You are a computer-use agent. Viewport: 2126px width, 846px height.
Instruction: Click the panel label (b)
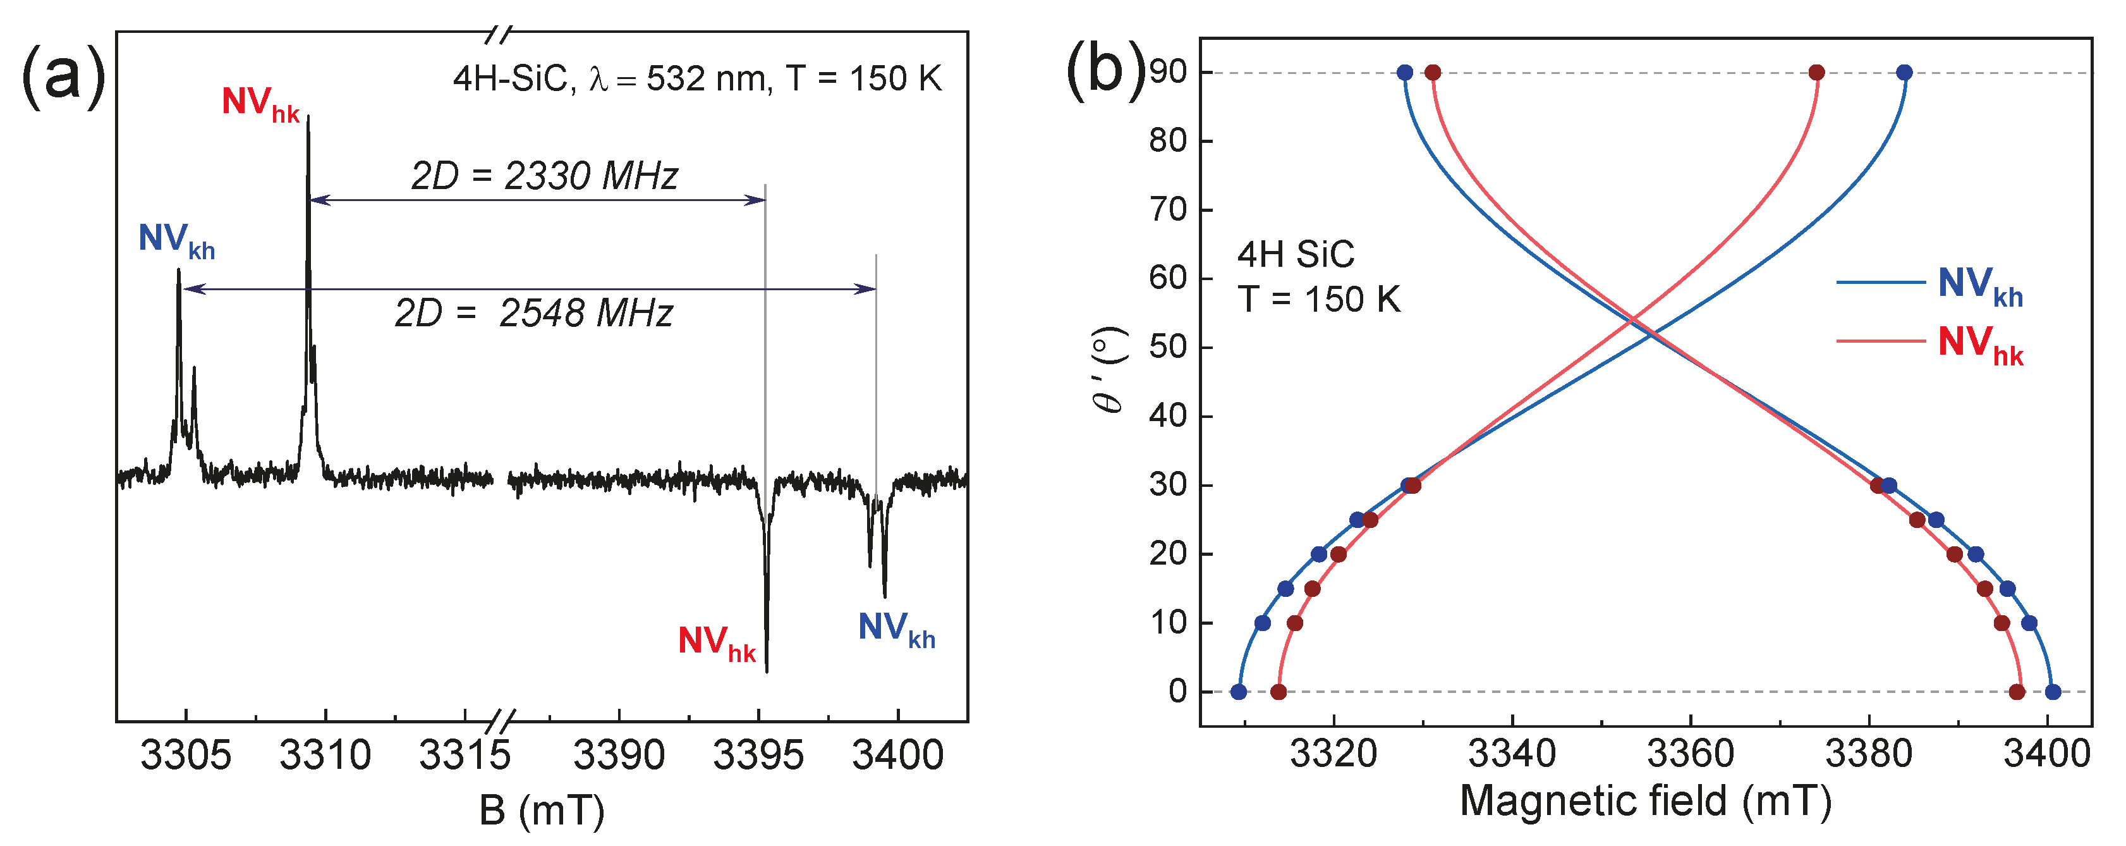pos(1106,70)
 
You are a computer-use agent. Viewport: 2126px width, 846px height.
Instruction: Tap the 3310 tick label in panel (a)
pos(325,755)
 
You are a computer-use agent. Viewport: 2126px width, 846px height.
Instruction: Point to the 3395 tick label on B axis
pos(758,755)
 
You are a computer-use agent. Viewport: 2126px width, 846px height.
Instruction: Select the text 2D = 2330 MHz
pos(545,176)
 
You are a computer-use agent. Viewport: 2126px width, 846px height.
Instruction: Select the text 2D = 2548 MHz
pos(534,314)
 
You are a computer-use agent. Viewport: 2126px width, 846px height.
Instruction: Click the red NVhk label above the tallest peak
pos(260,104)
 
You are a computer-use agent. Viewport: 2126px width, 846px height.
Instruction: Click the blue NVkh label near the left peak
pos(176,240)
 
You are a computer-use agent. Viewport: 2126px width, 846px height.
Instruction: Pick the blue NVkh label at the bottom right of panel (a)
pos(896,629)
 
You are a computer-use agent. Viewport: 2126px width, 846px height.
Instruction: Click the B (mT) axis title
pos(542,811)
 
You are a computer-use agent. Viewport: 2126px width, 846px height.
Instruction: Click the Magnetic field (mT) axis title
pos(1645,800)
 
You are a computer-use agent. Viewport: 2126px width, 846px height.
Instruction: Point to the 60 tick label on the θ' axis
pos(1169,278)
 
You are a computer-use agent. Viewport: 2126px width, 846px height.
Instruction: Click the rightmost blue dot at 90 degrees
pos(1904,73)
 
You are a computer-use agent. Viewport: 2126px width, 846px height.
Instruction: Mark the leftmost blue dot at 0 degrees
pos(1238,692)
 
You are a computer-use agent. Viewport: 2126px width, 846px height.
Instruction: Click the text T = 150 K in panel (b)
pos(1318,300)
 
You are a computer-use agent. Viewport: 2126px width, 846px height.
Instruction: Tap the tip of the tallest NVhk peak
pos(308,117)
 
